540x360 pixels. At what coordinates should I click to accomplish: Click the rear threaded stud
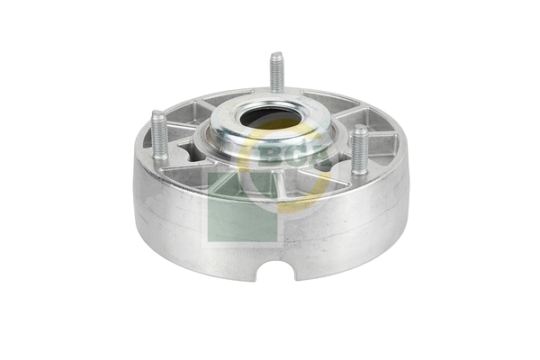coord(277,74)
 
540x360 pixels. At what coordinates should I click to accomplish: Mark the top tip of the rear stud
coord(277,57)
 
